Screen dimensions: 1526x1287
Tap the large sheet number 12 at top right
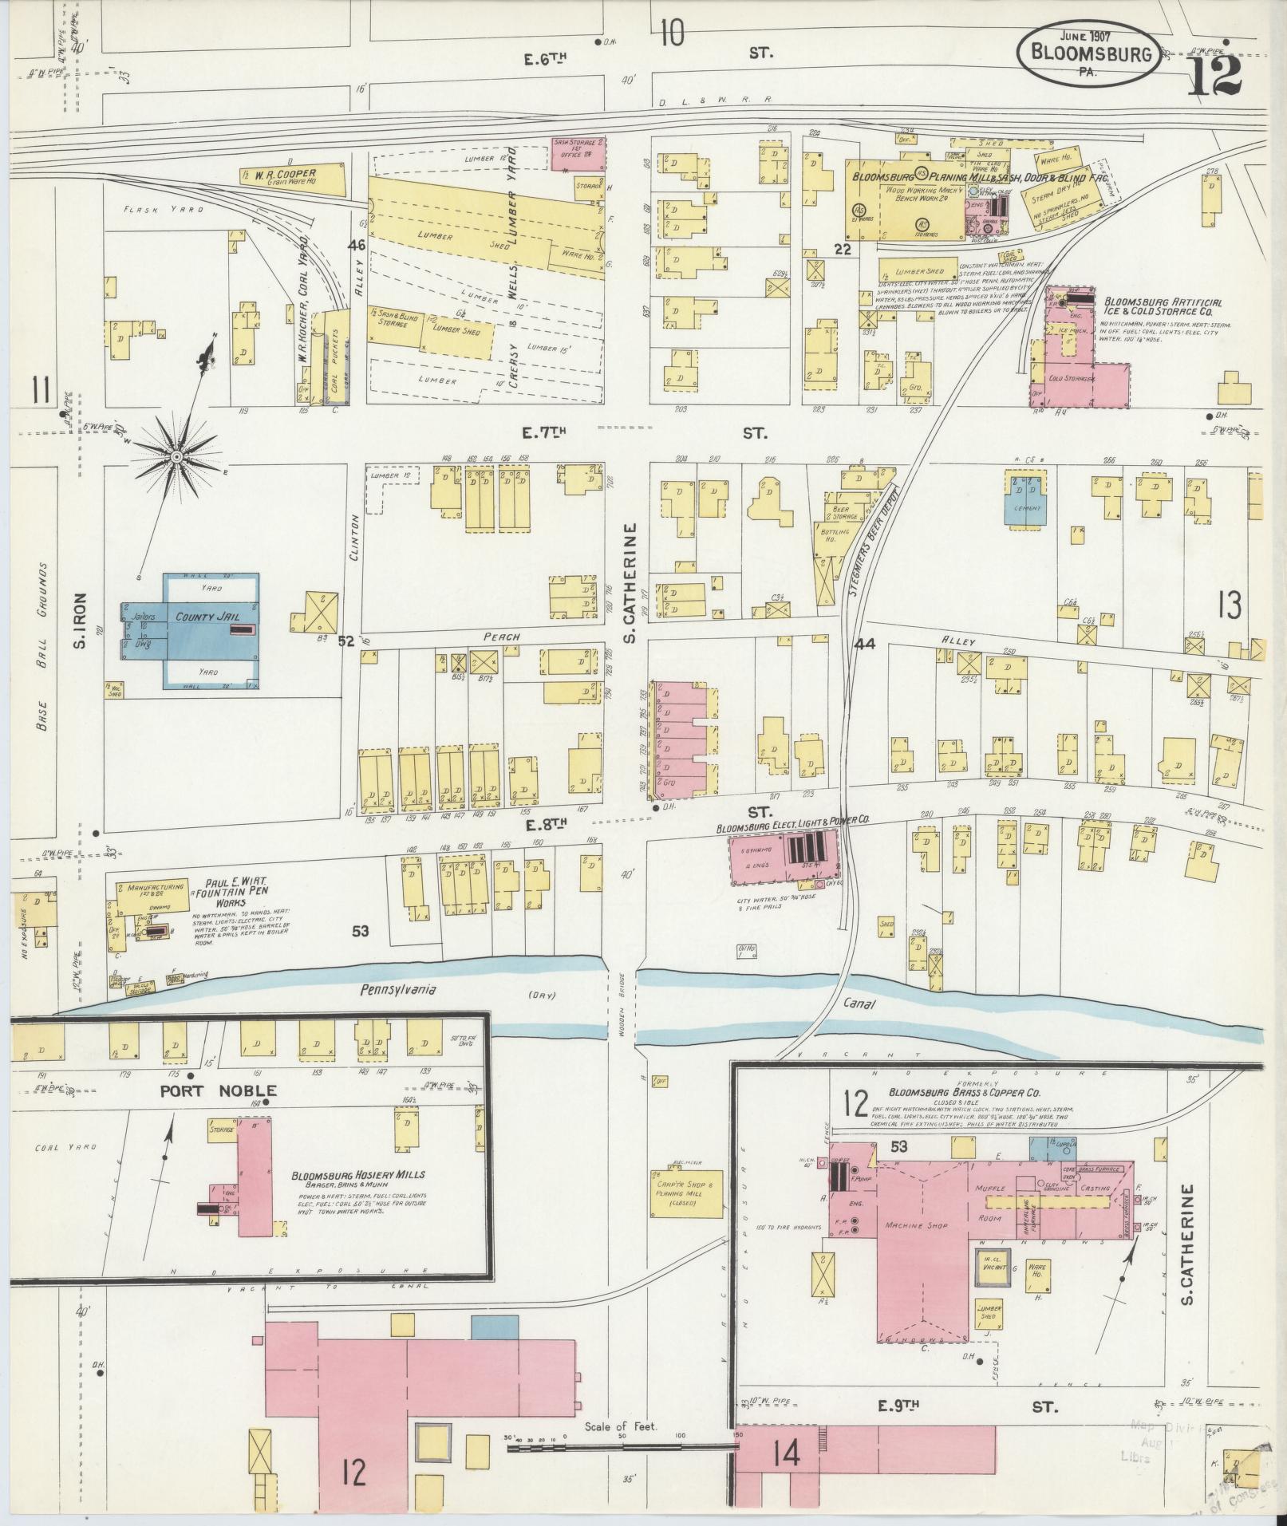pyautogui.click(x=1215, y=77)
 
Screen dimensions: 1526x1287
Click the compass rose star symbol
pyautogui.click(x=177, y=456)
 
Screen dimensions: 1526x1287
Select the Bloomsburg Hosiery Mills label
pyautogui.click(x=357, y=1174)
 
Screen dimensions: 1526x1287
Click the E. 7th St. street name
pyautogui.click(x=545, y=432)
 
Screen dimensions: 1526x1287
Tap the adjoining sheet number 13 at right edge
pyautogui.click(x=1229, y=605)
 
